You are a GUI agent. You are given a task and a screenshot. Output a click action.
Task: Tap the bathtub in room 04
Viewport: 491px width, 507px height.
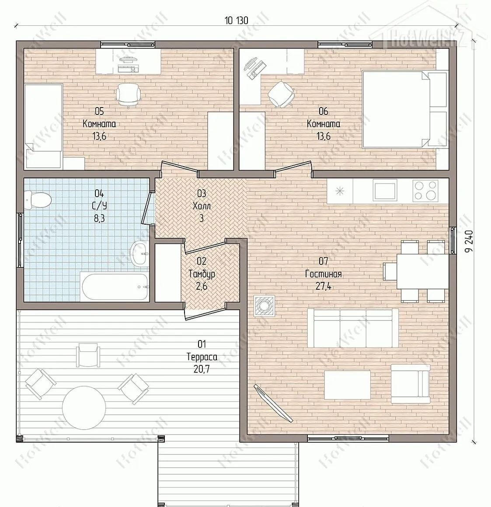pos(115,287)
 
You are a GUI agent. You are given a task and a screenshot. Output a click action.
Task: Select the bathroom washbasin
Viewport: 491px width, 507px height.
pos(140,253)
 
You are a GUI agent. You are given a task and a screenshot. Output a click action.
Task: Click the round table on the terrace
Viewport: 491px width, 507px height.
pos(84,407)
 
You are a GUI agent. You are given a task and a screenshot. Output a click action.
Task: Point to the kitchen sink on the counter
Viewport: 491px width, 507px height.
pos(385,191)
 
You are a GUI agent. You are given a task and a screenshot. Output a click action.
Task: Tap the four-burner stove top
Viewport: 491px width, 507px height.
pos(425,191)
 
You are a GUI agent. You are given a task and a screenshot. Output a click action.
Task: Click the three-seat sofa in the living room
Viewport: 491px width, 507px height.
pos(352,328)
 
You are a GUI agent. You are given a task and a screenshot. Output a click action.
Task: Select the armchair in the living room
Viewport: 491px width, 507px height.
pos(410,384)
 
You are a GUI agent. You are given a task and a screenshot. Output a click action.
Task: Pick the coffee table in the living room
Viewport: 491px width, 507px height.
pos(348,385)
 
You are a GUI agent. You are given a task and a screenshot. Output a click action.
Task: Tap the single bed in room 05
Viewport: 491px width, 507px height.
pos(43,126)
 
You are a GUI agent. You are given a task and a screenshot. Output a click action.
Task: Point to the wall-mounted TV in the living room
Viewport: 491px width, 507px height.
pos(273,403)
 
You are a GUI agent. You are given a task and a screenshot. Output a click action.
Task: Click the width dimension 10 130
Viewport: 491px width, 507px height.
pos(237,21)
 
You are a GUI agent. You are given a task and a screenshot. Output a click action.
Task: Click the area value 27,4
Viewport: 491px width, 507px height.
pos(323,286)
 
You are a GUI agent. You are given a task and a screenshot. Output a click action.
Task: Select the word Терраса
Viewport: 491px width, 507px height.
pos(202,357)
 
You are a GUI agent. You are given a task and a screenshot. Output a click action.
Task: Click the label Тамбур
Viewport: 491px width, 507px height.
pos(202,274)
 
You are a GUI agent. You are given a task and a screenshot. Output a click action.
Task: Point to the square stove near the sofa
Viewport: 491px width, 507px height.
pos(264,306)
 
